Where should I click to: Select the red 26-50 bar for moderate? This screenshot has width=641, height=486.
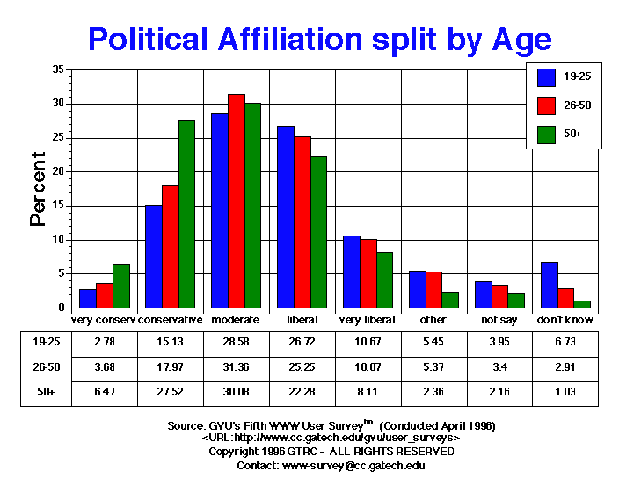click(x=236, y=201)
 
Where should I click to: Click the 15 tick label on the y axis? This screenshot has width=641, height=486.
click(x=58, y=206)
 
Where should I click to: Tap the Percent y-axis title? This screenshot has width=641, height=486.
click(x=38, y=189)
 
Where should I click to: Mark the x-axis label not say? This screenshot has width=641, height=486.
click(x=499, y=319)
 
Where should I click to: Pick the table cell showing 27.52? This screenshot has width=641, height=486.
click(x=170, y=391)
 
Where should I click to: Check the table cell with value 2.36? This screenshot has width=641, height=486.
click(x=433, y=391)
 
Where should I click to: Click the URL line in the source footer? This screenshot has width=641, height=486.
click(x=331, y=437)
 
